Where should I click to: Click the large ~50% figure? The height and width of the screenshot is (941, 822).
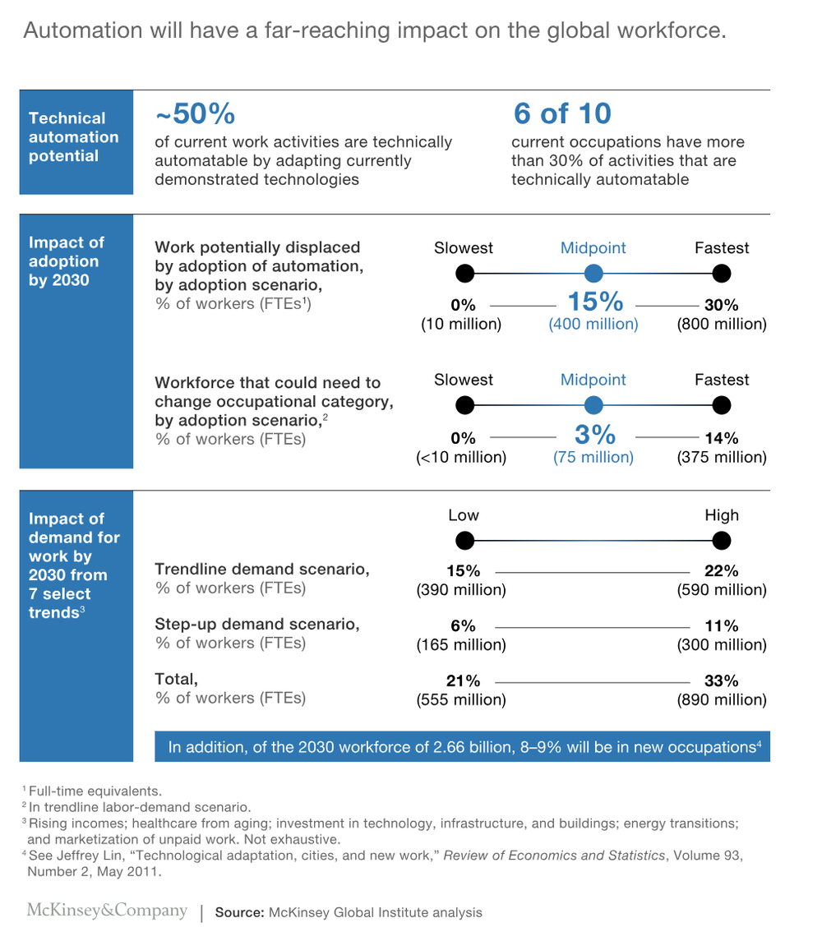point(195,113)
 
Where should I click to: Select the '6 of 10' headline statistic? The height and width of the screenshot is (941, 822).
point(562,113)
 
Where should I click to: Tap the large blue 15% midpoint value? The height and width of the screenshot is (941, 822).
point(593,302)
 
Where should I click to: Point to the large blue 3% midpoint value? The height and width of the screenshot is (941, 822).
point(593,434)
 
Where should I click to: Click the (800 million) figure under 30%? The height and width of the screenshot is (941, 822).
point(722,324)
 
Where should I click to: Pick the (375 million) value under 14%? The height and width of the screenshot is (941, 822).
point(722,457)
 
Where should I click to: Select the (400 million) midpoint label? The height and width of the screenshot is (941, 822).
point(593,324)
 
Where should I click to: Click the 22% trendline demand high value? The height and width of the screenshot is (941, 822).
point(721,571)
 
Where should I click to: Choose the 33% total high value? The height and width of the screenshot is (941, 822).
point(721,680)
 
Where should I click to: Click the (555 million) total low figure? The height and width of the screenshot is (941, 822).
point(461,700)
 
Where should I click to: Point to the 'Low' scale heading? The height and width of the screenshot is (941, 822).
point(464,515)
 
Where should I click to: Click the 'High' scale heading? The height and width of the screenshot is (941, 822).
point(721,515)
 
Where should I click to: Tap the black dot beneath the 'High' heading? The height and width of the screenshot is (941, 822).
point(721,540)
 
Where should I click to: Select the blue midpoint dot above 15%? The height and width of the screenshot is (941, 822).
point(593,273)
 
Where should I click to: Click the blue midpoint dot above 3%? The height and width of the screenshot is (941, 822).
point(593,405)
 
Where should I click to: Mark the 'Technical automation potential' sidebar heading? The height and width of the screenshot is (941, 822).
point(73,137)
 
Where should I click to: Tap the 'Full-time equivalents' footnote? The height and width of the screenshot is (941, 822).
point(95,791)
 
